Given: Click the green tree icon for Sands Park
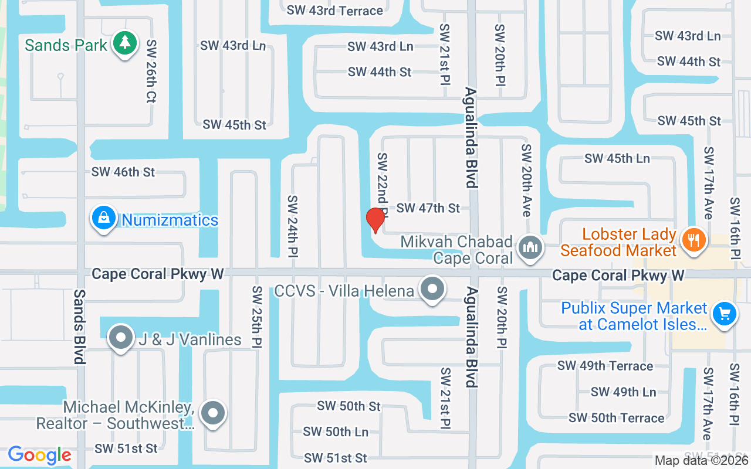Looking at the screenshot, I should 124,43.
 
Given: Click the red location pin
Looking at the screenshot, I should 375,220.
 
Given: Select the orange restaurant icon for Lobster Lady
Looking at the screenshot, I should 694,240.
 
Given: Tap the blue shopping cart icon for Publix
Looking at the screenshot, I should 725,314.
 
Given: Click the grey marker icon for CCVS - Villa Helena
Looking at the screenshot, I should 433,289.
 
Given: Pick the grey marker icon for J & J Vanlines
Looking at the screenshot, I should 121,338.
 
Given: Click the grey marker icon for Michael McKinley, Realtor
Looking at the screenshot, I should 212,413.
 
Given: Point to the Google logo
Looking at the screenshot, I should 40,455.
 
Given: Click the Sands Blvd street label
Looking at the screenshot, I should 80,327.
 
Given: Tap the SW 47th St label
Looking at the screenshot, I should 428,208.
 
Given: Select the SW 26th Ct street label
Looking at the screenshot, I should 151,72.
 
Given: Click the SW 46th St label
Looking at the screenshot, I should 123,172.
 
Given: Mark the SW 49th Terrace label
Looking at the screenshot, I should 605,366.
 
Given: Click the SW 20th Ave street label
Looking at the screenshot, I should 526,181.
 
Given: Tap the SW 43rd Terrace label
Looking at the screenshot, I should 335,10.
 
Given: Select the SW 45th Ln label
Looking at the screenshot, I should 617,158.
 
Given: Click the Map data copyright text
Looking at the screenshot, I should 702,461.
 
